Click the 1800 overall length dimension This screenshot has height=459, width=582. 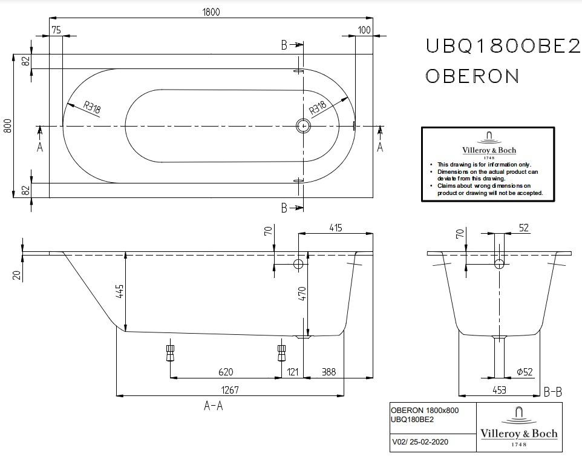[x=211, y=12]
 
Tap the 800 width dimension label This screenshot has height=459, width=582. [x=8, y=125]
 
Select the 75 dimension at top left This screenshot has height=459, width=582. [x=56, y=30]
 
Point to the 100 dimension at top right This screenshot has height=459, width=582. [x=364, y=30]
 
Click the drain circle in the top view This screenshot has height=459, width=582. [x=304, y=125]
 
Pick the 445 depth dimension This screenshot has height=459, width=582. [x=120, y=291]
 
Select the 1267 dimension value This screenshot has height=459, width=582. [x=230, y=390]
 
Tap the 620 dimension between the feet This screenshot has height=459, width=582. [x=226, y=372]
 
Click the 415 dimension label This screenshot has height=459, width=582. [x=335, y=228]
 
